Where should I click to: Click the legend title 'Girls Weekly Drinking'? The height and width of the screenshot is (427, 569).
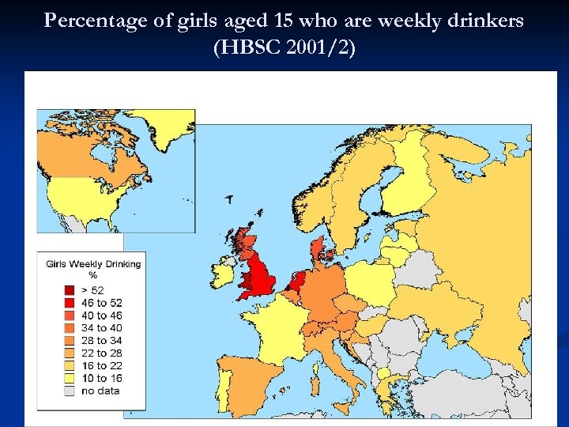93,263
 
